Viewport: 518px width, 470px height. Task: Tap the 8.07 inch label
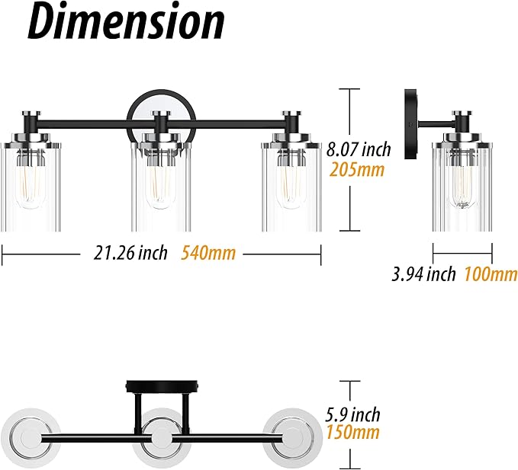click(359, 149)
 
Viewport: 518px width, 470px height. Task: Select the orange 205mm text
click(357, 170)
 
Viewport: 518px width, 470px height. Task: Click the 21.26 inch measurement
click(130, 254)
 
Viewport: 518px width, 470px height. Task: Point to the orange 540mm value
click(208, 254)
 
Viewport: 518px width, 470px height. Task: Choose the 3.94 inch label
click(423, 273)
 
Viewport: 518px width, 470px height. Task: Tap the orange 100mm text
click(491, 274)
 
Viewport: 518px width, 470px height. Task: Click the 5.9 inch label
click(352, 414)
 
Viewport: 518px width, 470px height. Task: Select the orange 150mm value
click(352, 433)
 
